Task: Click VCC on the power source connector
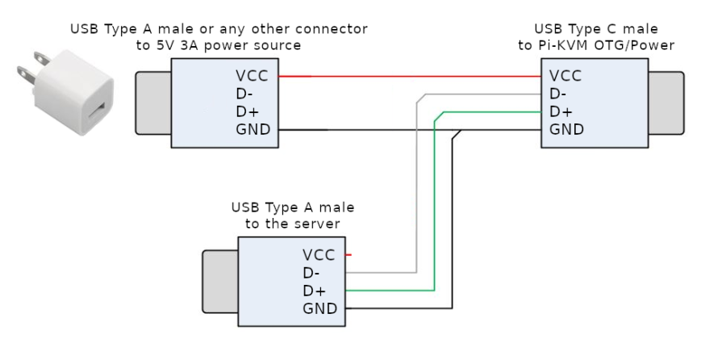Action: pyautogui.click(x=252, y=77)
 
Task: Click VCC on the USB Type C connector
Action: pyautogui.click(x=565, y=77)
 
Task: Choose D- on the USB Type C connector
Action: pyautogui.click(x=558, y=94)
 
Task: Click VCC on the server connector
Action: pyautogui.click(x=319, y=255)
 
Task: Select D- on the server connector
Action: pyautogui.click(x=311, y=273)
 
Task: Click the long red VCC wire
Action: pyautogui.click(x=411, y=77)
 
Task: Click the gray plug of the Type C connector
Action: pyautogui.click(x=667, y=103)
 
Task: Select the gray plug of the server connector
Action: pyautogui.click(x=219, y=281)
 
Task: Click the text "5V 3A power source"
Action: pyautogui.click(x=219, y=45)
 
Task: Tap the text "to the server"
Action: pyautogui.click(x=292, y=224)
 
